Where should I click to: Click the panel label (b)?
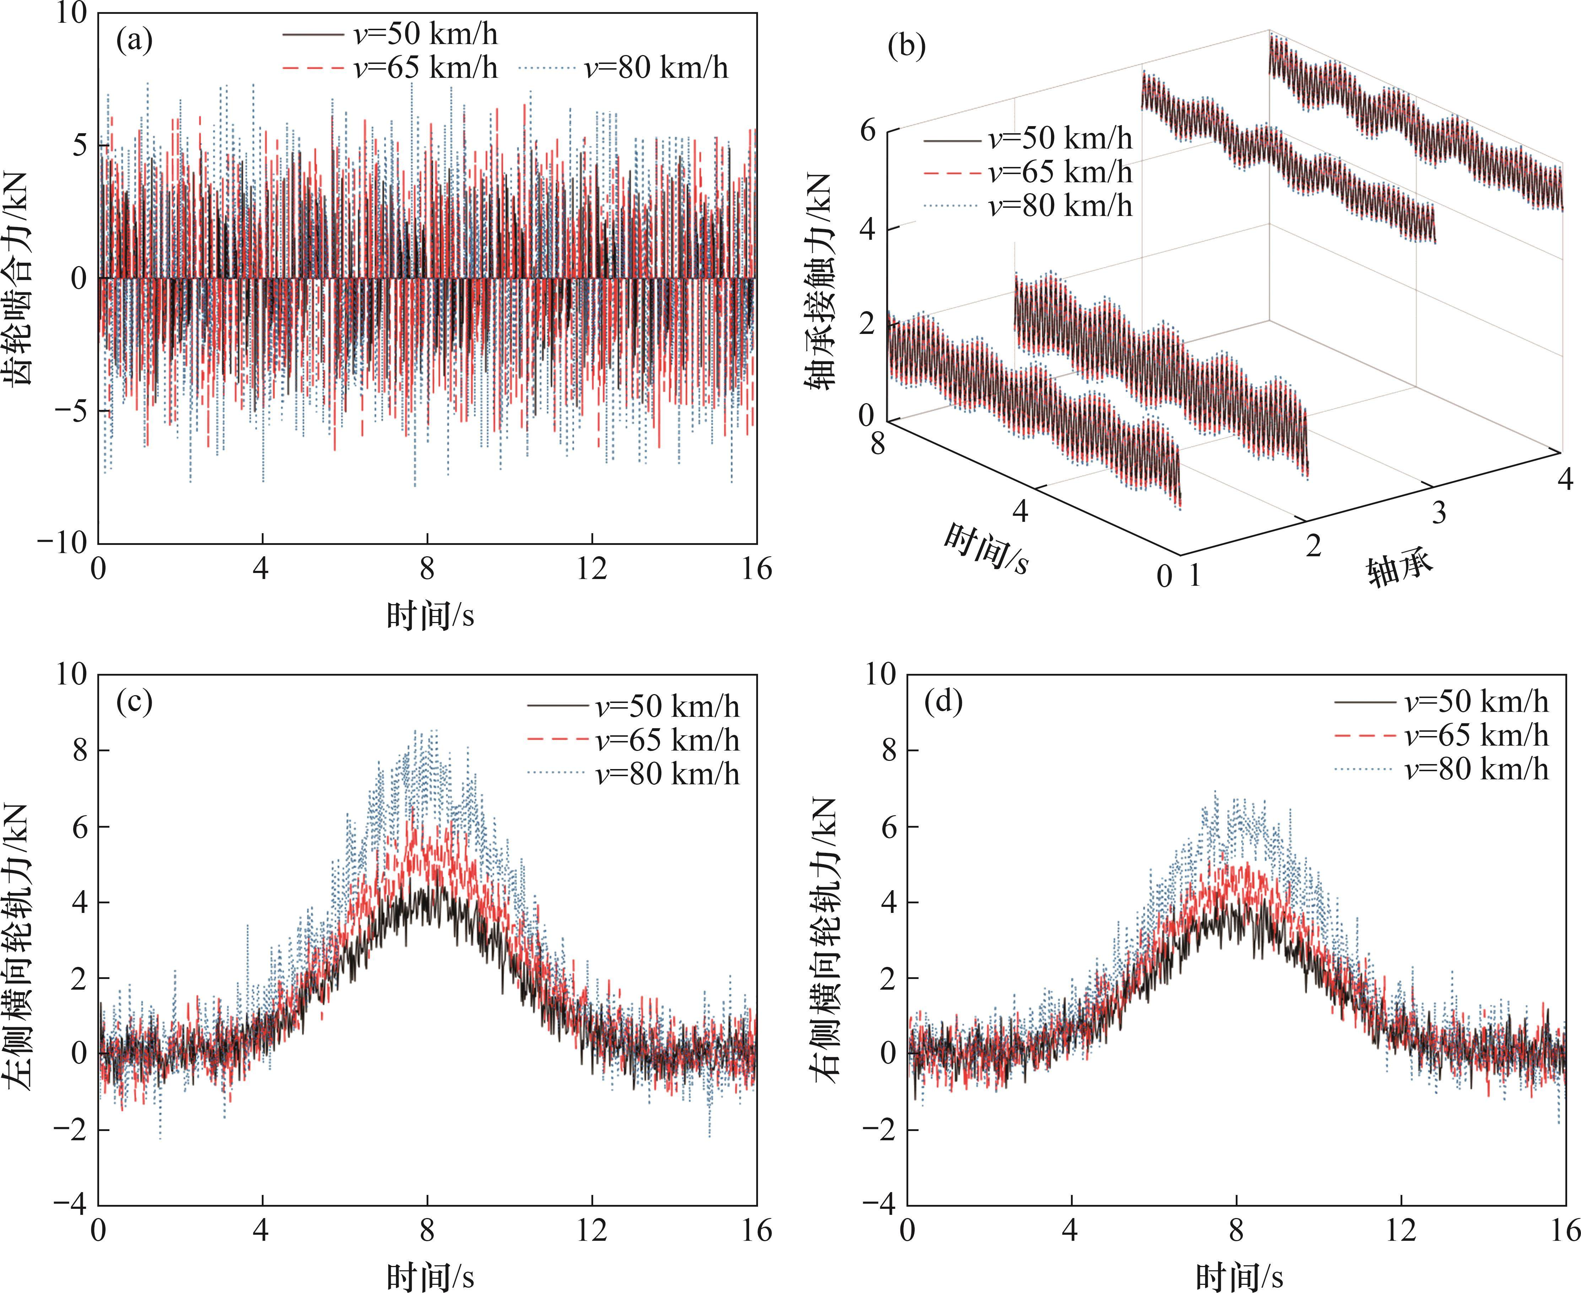coord(907,47)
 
